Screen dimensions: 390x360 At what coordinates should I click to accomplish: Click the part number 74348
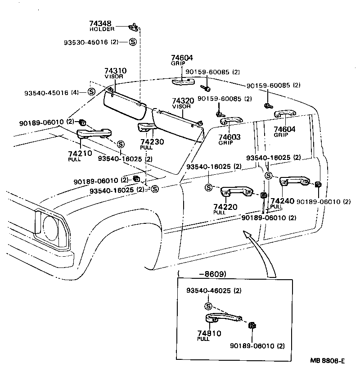click(x=101, y=23)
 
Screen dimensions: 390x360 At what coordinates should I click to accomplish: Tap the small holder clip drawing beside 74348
click(x=134, y=27)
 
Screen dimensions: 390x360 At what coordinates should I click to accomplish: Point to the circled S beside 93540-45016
click(x=91, y=92)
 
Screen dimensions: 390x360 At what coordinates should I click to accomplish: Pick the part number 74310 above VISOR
click(x=115, y=71)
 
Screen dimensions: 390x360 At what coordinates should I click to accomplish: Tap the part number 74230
click(x=152, y=141)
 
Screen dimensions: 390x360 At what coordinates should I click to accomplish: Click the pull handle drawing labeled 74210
click(x=94, y=133)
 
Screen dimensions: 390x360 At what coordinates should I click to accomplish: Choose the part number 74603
click(x=229, y=137)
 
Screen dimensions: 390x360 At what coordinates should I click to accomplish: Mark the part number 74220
click(x=225, y=207)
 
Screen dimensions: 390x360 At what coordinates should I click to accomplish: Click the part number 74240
click(x=283, y=201)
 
